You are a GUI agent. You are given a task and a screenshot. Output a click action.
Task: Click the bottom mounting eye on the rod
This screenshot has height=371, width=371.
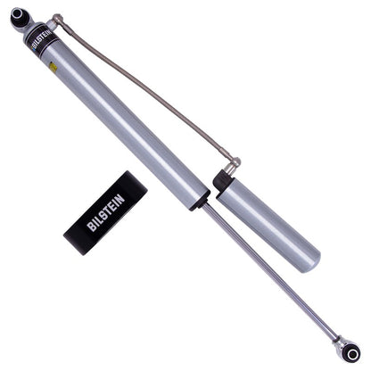[x=351, y=354]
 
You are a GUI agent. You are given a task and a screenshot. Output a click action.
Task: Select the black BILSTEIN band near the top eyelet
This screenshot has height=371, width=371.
[x=44, y=42]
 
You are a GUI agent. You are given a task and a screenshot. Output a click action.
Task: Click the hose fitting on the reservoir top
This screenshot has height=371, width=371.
[x=232, y=166]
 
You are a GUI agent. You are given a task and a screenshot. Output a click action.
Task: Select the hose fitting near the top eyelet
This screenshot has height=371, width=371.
[x=56, y=19]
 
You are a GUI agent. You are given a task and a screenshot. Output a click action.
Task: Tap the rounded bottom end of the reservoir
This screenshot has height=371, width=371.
[x=309, y=261]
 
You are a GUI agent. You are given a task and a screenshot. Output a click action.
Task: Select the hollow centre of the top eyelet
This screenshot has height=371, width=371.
[x=18, y=15]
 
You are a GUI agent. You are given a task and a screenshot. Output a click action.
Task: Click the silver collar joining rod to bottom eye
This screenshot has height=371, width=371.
[x=337, y=340]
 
